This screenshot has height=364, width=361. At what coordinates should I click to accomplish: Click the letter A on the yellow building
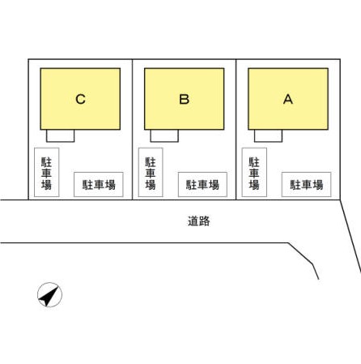[288, 99]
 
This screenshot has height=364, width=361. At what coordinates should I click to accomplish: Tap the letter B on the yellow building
[185, 99]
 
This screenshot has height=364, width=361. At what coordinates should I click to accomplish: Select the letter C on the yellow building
[80, 99]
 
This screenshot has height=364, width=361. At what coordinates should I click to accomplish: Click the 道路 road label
[199, 221]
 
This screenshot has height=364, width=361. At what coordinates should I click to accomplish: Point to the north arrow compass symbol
[49, 295]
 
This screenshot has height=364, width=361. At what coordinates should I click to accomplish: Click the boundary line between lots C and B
[132, 130]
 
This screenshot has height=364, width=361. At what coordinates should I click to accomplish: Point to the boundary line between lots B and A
[236, 130]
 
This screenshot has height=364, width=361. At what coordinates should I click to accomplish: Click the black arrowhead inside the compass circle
[49, 297]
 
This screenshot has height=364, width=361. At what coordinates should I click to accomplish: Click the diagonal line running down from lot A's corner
[350, 236]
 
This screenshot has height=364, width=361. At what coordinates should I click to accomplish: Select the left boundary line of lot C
[28, 130]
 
